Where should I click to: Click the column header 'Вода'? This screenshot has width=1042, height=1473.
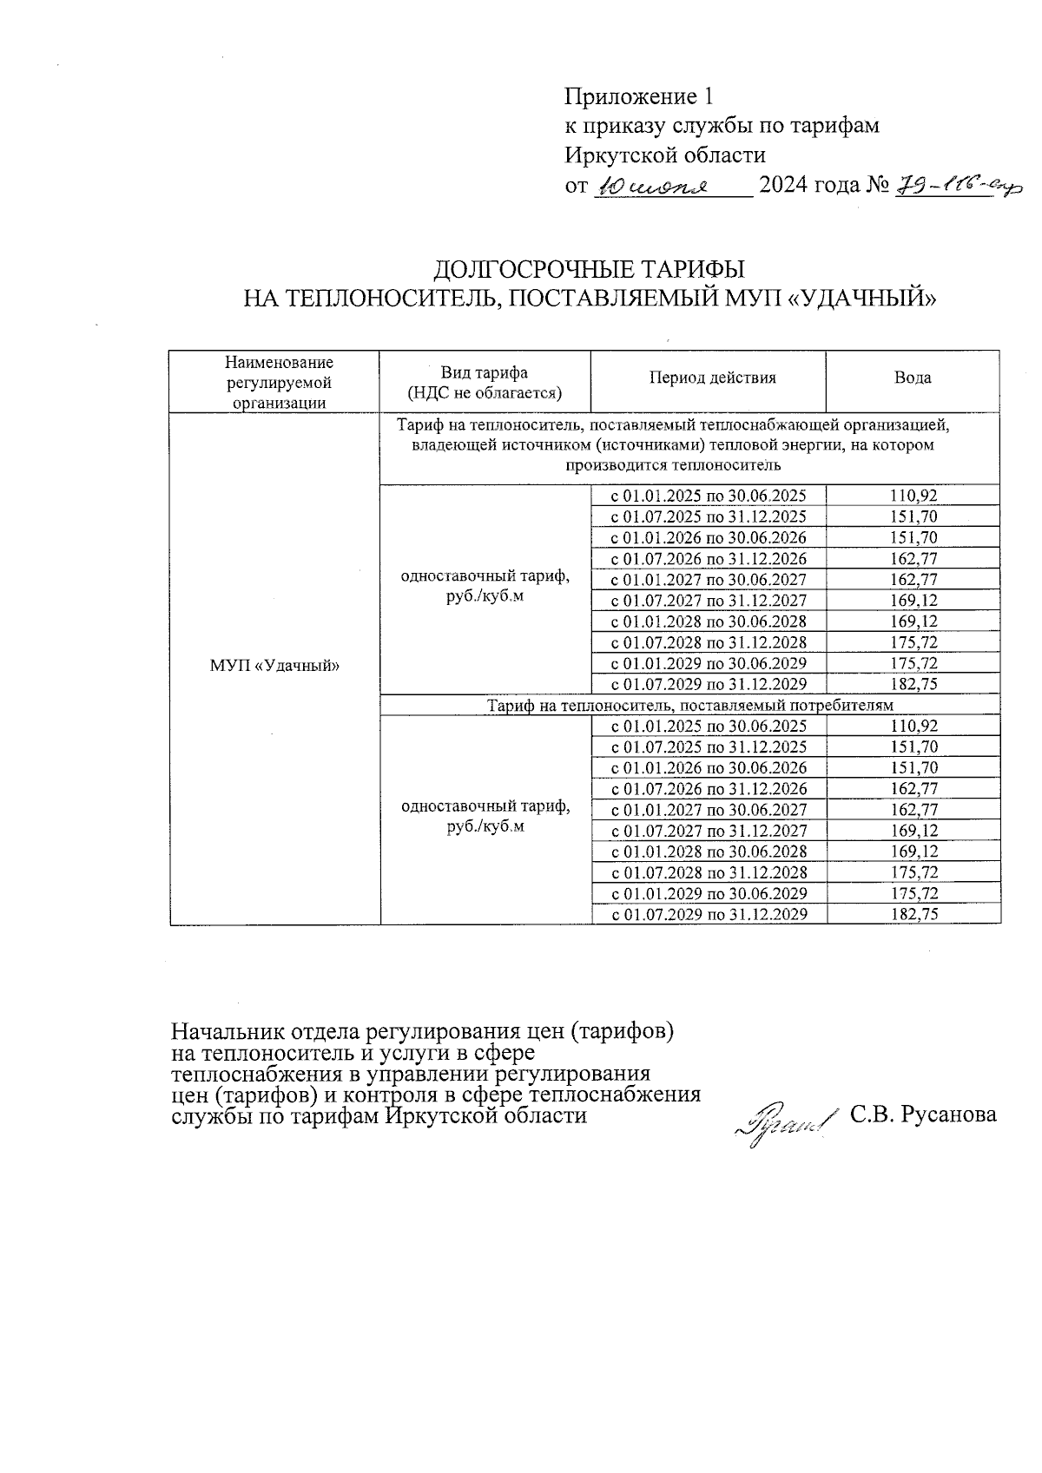pyautogui.click(x=913, y=378)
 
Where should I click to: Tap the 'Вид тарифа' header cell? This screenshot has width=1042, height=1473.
pyautogui.click(x=485, y=383)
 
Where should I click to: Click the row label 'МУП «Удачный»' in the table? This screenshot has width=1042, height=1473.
pyautogui.click(x=274, y=666)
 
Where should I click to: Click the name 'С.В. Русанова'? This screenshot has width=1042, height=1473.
pyautogui.click(x=923, y=1115)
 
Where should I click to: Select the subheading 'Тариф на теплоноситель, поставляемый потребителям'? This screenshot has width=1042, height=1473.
pyautogui.click(x=689, y=706)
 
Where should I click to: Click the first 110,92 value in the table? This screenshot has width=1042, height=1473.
pyautogui.click(x=913, y=496)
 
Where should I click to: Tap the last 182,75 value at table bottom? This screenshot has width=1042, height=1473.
pyautogui.click(x=913, y=914)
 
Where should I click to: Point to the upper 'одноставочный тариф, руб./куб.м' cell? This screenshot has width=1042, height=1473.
pyautogui.click(x=485, y=588)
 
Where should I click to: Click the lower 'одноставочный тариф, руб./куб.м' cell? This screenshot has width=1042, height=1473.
pyautogui.click(x=485, y=817)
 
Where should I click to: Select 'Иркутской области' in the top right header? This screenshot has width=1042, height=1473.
pyautogui.click(x=665, y=156)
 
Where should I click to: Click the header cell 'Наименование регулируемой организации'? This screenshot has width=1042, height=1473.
pyautogui.click(x=274, y=382)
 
